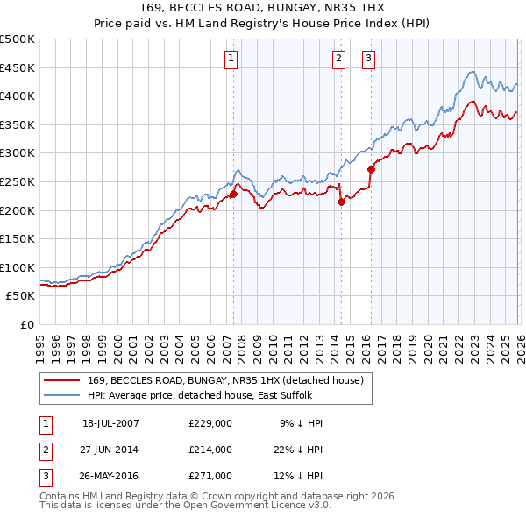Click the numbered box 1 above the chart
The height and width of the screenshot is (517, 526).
[x=231, y=59]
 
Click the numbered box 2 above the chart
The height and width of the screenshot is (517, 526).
[x=338, y=59]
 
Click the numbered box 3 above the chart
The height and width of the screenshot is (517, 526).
[x=368, y=59]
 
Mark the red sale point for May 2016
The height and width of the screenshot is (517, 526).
[x=371, y=169]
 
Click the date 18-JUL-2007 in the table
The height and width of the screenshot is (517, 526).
[x=110, y=423]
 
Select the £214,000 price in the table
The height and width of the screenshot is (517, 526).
[x=210, y=450]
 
